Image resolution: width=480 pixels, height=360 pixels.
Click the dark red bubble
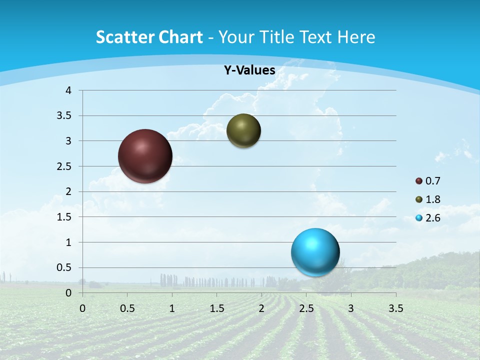coord(145,156)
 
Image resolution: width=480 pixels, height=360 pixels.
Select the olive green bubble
coord(243,130)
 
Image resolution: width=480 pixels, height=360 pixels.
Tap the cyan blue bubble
coord(315,252)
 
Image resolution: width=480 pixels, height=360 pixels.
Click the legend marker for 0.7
coord(419,181)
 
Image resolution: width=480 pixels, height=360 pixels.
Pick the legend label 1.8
coord(433,199)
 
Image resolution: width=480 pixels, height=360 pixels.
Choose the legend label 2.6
coord(433,218)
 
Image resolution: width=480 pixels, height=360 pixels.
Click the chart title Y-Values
coord(249,70)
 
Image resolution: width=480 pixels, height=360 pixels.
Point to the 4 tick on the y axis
coord(68,90)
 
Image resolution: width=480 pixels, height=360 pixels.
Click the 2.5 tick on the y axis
coord(64,166)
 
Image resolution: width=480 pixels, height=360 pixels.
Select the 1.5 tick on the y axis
coord(64,217)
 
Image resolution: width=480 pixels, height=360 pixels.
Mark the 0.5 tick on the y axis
coord(64,267)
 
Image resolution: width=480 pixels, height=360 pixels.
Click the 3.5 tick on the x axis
coord(395,308)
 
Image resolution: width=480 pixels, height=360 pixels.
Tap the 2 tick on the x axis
coord(261,308)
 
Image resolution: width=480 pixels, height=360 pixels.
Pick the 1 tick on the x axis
coord(172,308)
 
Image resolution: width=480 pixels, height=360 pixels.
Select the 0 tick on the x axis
coord(82,308)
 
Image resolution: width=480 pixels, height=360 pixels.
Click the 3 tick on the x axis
coord(351,308)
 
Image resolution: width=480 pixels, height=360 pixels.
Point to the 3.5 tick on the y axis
coord(64,116)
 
